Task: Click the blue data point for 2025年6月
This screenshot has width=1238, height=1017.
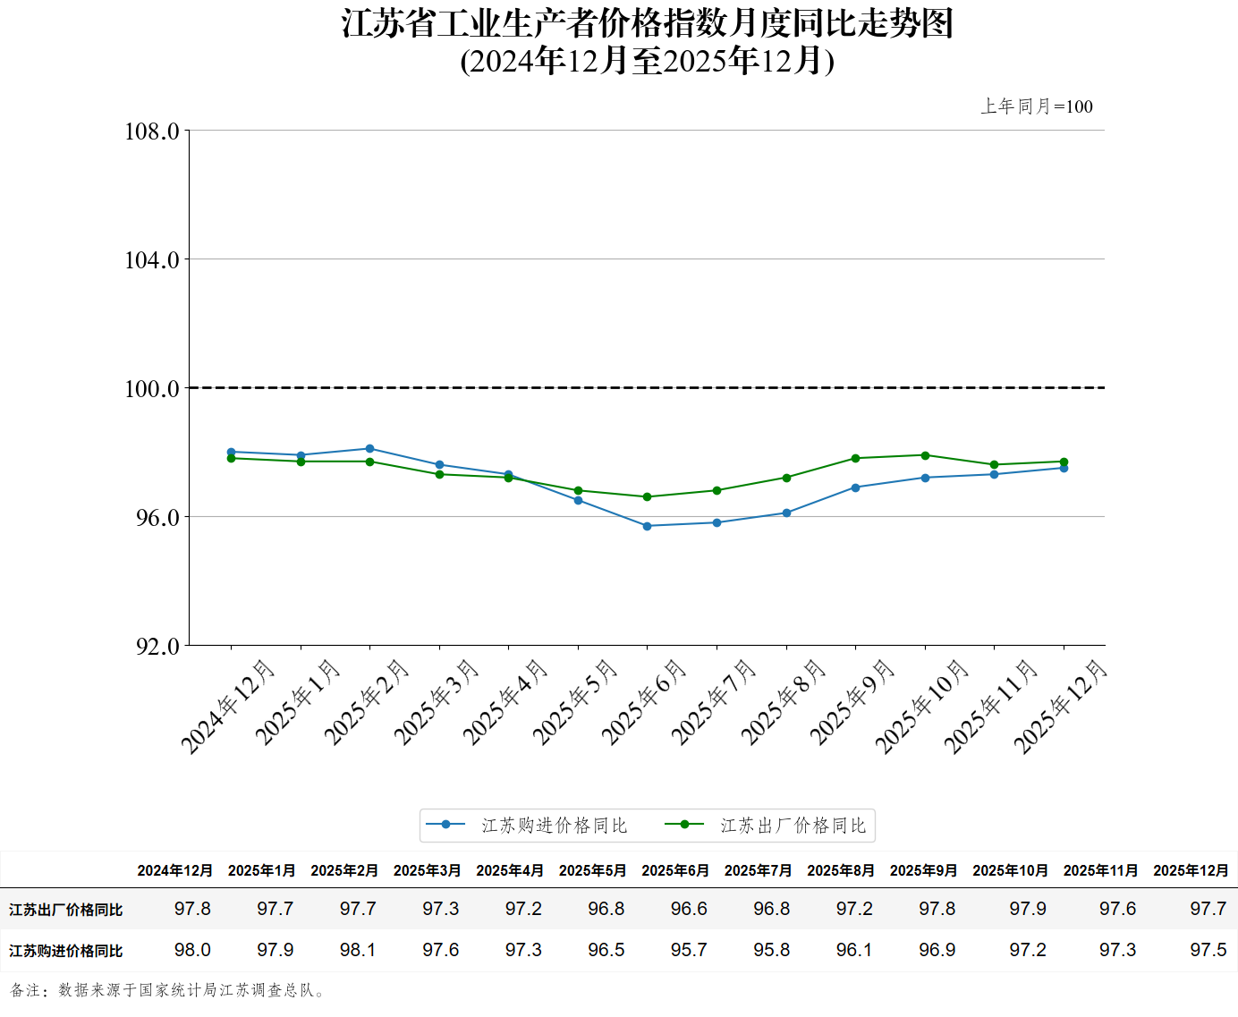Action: (647, 526)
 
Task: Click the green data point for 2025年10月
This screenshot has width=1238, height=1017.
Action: (925, 455)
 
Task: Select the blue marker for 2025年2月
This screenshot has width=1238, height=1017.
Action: (369, 448)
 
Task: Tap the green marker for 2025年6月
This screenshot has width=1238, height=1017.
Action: (647, 496)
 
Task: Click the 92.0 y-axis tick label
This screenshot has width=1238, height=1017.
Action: (157, 646)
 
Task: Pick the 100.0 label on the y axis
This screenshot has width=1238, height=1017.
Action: (151, 389)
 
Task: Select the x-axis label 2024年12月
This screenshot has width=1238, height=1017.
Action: (227, 707)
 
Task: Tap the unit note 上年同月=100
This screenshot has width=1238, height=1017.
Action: (1036, 106)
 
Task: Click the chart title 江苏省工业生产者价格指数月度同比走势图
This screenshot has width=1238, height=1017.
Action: (647, 23)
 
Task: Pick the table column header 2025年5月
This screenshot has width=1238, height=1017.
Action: (592, 870)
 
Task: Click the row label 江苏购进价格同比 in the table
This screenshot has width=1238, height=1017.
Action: (65, 951)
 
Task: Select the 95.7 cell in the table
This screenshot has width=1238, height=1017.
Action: (689, 950)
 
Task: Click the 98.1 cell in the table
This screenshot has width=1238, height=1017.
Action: (358, 950)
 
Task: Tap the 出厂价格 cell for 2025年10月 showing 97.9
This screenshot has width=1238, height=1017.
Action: (1027, 909)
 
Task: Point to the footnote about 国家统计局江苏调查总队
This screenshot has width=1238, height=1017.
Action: (168, 990)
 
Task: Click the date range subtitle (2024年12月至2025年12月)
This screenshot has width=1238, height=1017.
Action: (647, 61)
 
